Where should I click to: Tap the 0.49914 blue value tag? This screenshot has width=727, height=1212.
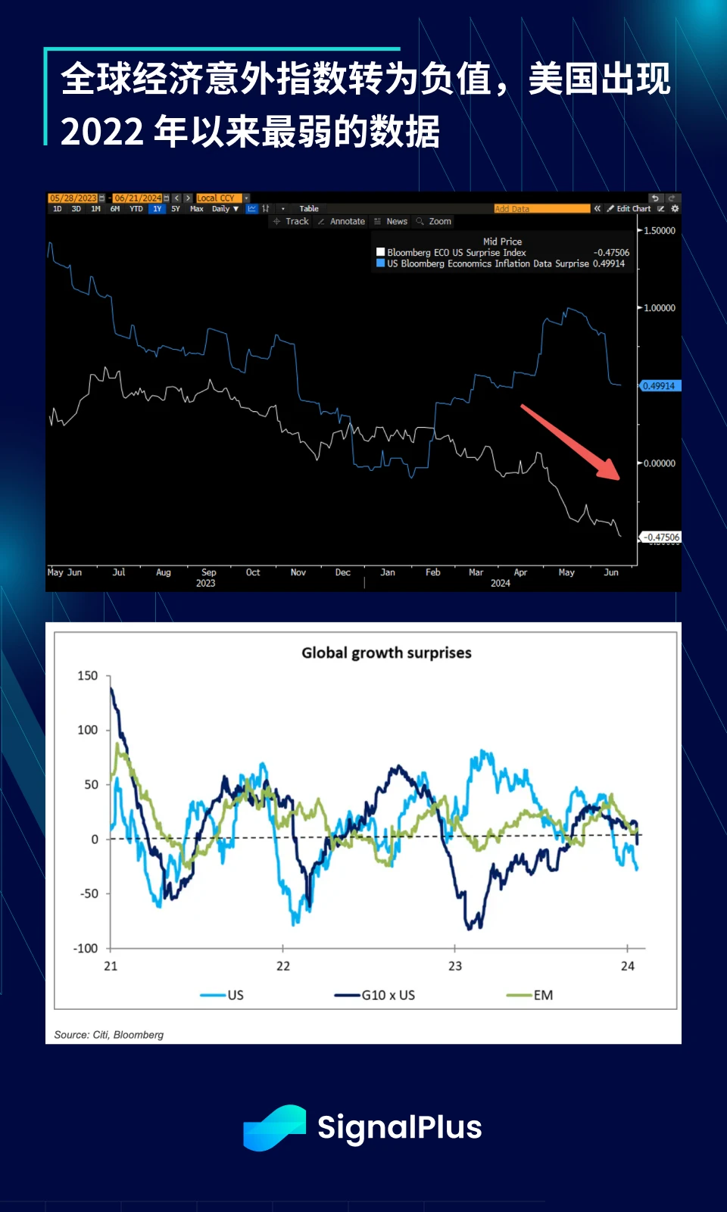(659, 386)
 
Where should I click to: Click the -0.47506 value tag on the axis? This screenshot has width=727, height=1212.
(661, 537)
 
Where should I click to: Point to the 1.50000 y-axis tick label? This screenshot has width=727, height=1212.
(659, 231)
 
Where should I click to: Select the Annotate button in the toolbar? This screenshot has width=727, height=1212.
(342, 222)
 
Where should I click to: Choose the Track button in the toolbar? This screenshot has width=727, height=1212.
(292, 222)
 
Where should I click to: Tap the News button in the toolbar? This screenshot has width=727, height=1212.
(392, 222)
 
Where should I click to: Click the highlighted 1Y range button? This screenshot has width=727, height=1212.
(157, 209)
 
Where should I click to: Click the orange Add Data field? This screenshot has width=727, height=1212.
(541, 209)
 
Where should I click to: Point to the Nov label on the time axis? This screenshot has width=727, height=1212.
(298, 573)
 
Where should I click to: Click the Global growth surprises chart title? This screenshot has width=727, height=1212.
(386, 653)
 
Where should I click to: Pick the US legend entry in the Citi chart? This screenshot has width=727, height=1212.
(223, 995)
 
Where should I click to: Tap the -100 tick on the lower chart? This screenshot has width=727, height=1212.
(86, 949)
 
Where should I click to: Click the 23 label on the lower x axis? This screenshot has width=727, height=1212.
(455, 967)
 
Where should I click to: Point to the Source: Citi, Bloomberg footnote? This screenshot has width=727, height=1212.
(108, 1035)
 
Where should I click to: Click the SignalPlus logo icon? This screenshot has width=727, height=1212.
(274, 1128)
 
